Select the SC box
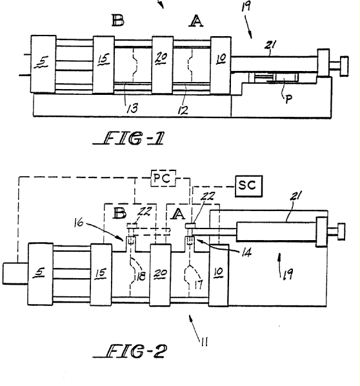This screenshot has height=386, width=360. coord(248,186)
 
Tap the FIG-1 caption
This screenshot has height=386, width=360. coord(128,138)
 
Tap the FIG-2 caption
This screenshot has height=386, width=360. coord(130,350)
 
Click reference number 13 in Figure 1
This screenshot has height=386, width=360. coord(132,108)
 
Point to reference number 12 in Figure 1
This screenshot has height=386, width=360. coord(183,110)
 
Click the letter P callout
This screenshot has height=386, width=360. coord(288,99)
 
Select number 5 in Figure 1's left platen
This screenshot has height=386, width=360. coord(43,61)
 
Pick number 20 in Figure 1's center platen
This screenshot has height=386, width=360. coord(161,57)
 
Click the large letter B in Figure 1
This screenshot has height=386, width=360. coord(118,20)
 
